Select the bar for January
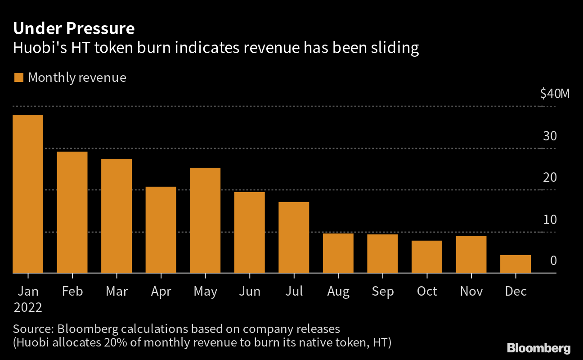[x=28, y=194]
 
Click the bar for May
[x=205, y=220]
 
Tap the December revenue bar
[x=516, y=264]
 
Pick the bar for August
[x=338, y=253]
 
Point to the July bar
[x=294, y=238]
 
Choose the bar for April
[x=161, y=230]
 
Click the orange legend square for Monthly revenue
[x=18, y=78]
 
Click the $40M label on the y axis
[x=555, y=94]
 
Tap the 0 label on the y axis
[x=553, y=261]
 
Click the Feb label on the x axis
[x=72, y=292]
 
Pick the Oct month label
[x=426, y=292]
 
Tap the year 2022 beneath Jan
[x=28, y=308]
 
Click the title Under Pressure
[x=74, y=29]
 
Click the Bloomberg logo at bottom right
[x=538, y=348]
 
